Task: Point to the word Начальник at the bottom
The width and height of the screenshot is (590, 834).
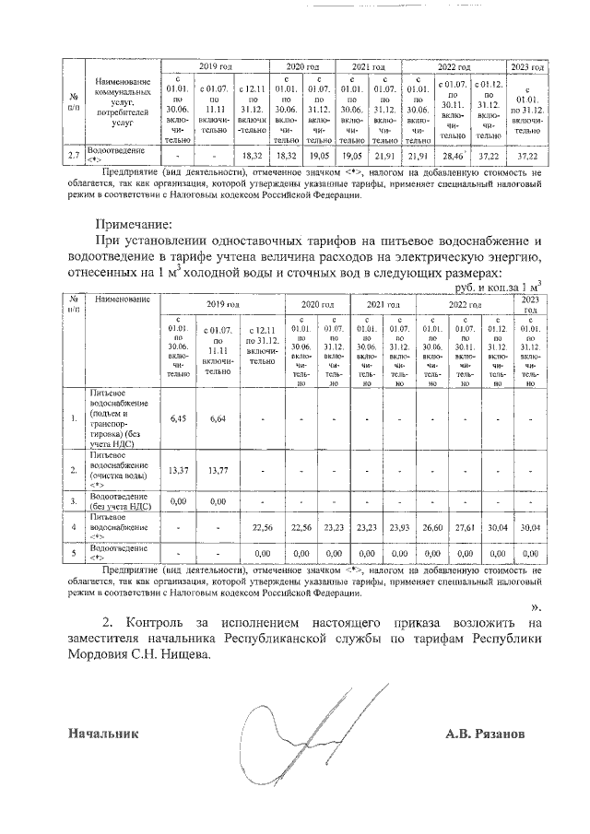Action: coord(102,734)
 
